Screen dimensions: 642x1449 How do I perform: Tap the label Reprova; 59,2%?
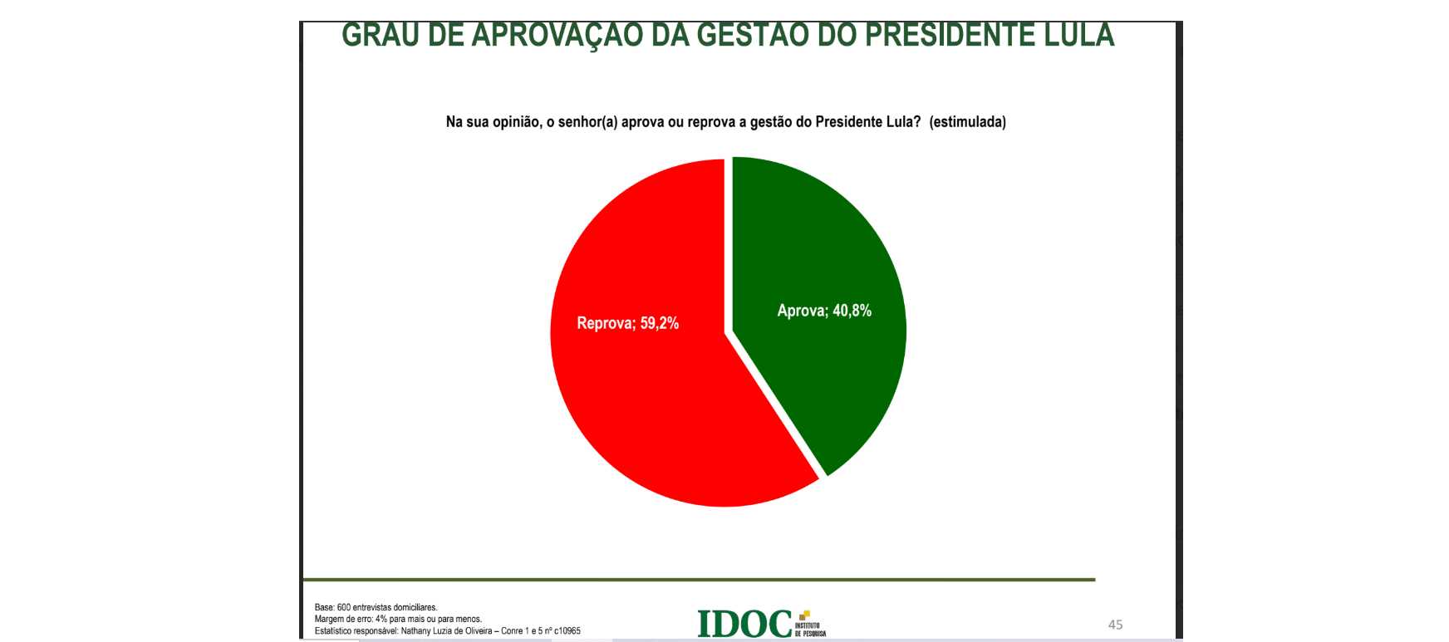627,323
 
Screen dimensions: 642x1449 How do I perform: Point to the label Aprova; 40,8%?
824,311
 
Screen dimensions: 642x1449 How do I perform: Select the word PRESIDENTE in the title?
949,36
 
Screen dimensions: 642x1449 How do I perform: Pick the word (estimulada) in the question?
967,122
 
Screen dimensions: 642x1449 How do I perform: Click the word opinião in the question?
516,122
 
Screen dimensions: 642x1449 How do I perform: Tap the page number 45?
1115,625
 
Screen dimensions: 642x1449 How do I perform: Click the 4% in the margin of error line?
381,620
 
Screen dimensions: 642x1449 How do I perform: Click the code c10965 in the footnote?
567,631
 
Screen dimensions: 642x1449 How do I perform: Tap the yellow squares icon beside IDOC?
803,615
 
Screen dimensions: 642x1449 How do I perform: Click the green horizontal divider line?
698,579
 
